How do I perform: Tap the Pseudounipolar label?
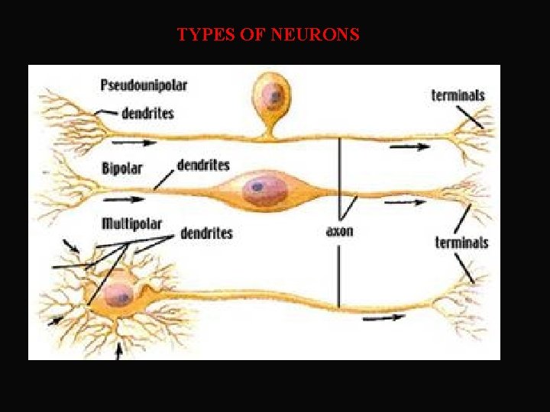click(x=144, y=85)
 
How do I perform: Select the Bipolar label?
click(x=122, y=168)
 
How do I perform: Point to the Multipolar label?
click(x=131, y=224)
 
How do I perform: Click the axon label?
click(x=339, y=230)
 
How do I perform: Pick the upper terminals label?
click(x=458, y=95)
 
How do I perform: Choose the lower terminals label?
click(x=461, y=243)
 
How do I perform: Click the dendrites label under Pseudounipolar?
click(x=147, y=113)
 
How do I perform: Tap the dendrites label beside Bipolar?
click(x=203, y=164)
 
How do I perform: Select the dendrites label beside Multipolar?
click(x=206, y=233)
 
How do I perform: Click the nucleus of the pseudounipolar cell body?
click(x=271, y=95)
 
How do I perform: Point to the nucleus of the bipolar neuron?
click(x=258, y=187)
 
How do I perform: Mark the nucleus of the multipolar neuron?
click(x=118, y=294)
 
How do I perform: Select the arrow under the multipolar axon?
click(x=384, y=318)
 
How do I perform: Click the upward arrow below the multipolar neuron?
click(x=118, y=352)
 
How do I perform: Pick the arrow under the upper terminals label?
click(x=413, y=146)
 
